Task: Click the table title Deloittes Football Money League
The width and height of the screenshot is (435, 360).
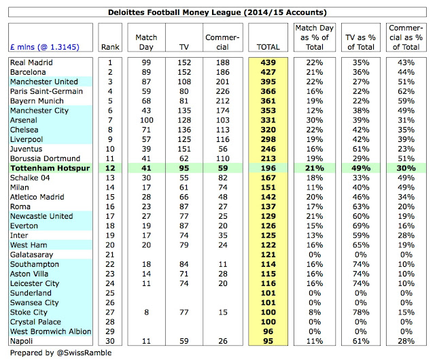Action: tap(217, 12)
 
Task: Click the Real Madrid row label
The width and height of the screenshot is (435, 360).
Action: tap(31, 62)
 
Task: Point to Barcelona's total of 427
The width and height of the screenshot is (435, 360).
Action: tap(268, 72)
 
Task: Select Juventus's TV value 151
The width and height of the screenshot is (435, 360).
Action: tap(184, 148)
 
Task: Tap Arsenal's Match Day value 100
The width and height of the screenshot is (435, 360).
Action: tap(145, 120)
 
